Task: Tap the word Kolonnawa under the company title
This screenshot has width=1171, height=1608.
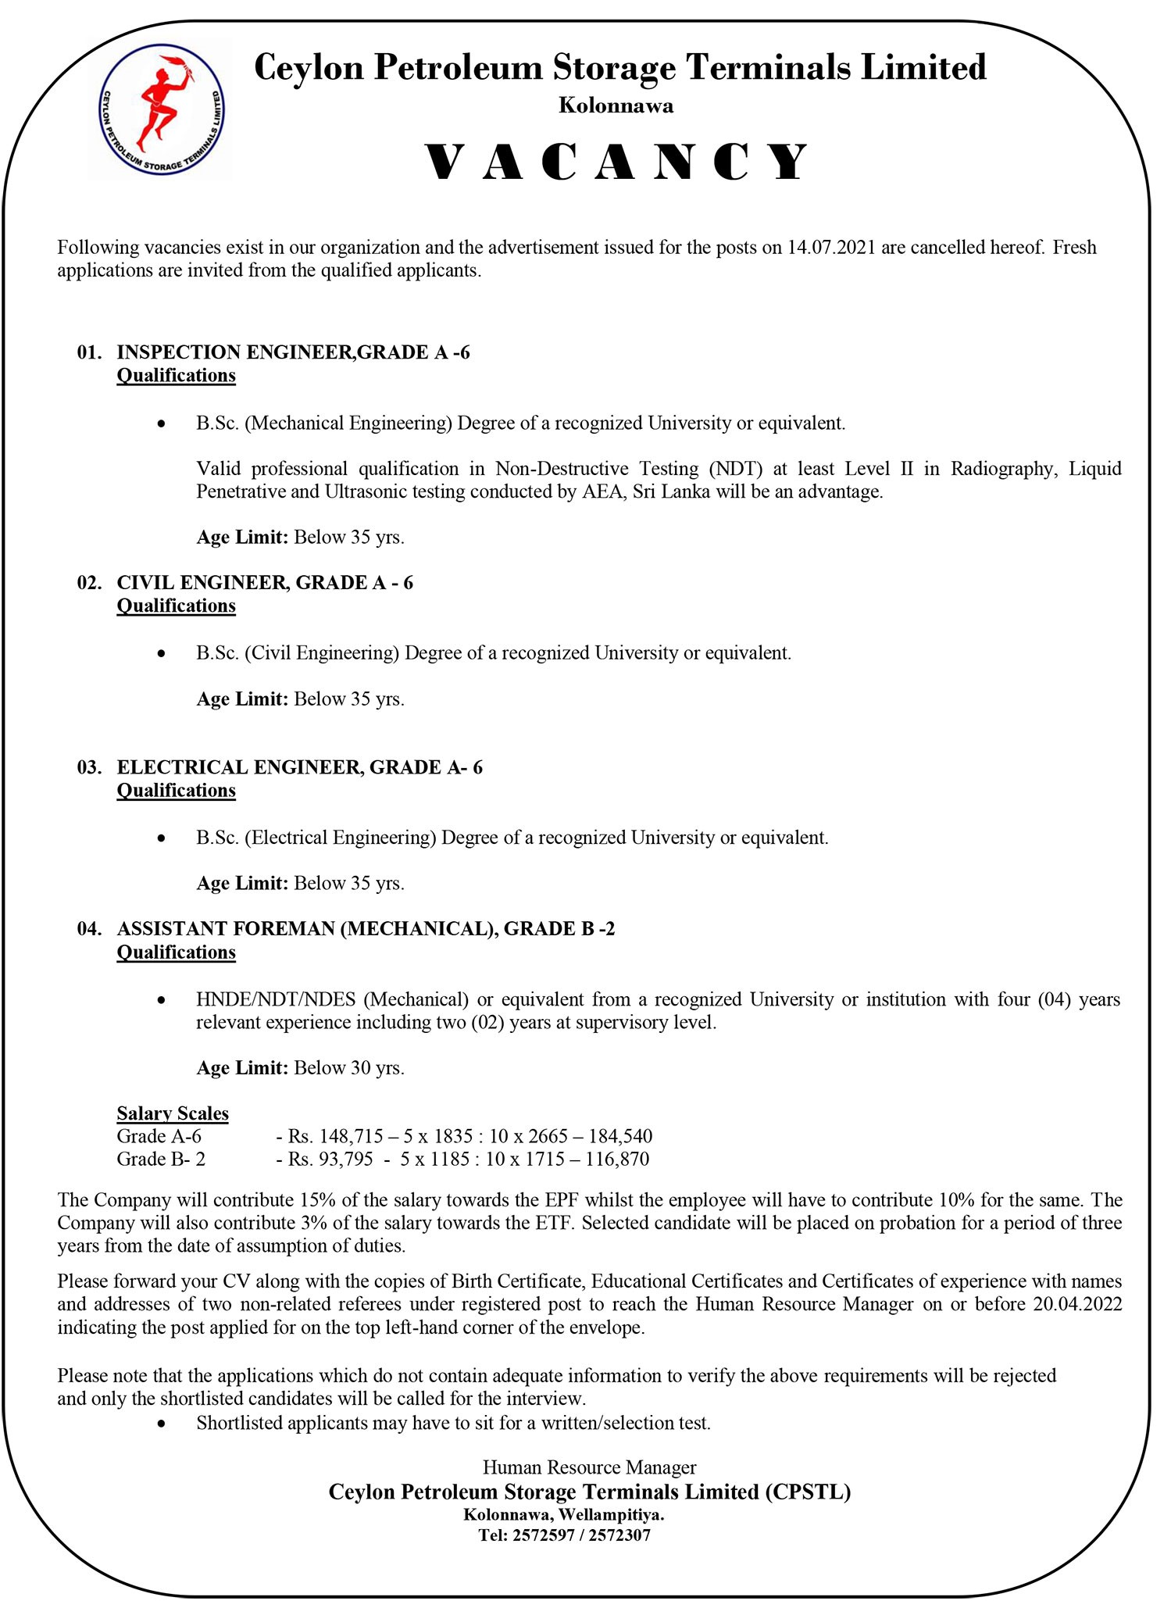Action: tap(616, 105)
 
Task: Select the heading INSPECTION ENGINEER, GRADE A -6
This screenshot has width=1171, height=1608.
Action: tap(293, 352)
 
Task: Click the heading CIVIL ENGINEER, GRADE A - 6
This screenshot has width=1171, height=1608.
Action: tap(265, 583)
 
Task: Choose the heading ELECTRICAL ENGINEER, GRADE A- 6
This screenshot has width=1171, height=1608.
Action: tap(299, 767)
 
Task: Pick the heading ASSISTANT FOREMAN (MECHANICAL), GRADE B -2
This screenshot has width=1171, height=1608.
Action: tap(366, 929)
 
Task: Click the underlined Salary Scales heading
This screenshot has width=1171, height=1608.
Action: tap(173, 1113)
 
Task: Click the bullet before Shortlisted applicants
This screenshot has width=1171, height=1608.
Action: tap(161, 1424)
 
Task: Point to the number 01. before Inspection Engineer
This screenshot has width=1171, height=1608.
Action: tap(90, 352)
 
